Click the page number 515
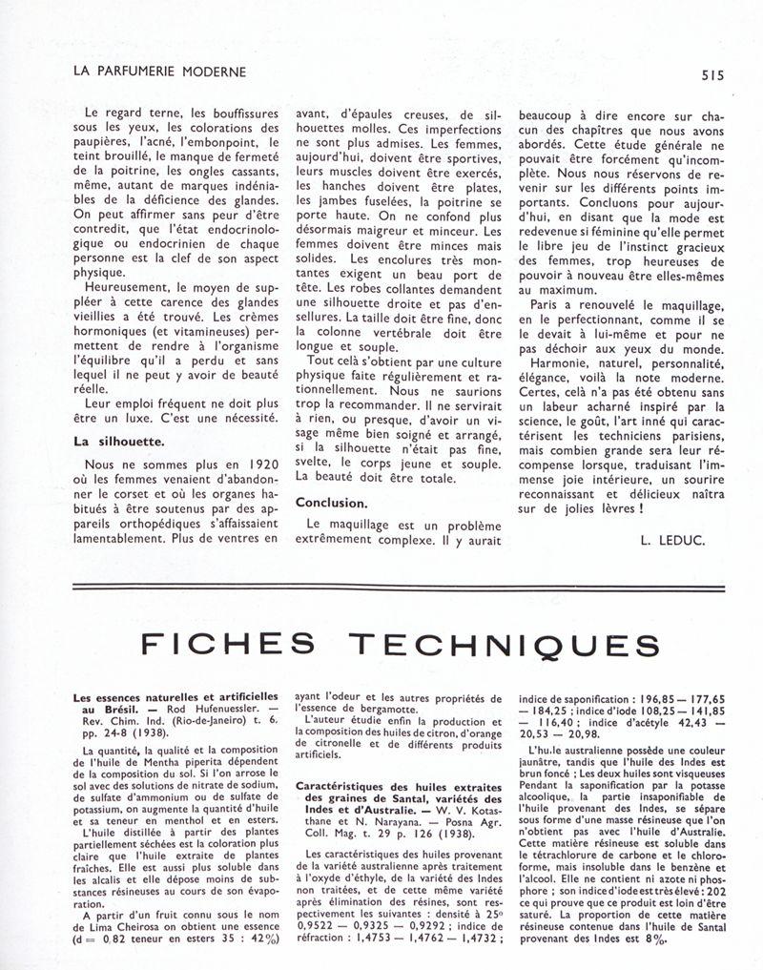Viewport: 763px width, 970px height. [x=711, y=72]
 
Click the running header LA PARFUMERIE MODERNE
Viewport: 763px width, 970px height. [x=159, y=72]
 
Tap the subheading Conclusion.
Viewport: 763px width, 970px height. [x=331, y=502]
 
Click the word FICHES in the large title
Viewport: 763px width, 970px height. [x=228, y=647]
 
